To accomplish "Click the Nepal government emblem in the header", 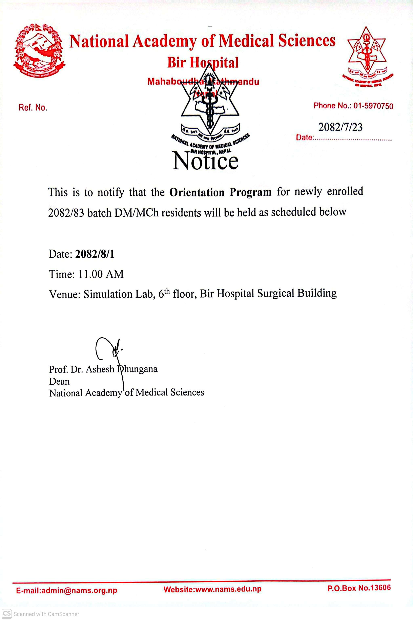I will point(39,50).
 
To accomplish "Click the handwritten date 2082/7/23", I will point(340,127).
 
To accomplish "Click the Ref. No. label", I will point(33,107).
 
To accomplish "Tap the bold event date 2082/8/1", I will point(95,254).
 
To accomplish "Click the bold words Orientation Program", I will point(220,192).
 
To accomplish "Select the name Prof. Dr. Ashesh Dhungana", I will point(103,369).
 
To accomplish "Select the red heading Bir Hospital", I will point(203,63).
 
